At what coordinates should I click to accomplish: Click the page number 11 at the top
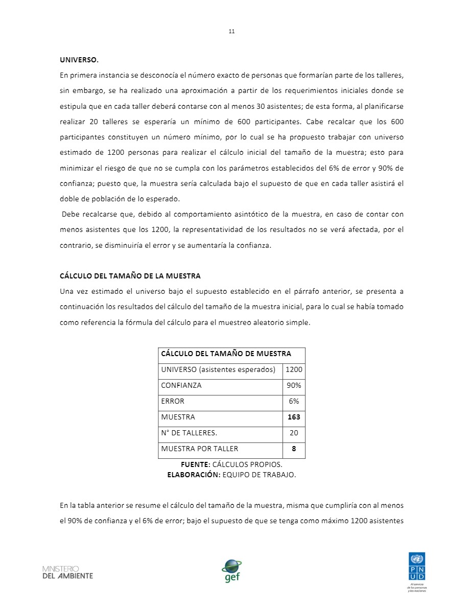pyautogui.click(x=231, y=32)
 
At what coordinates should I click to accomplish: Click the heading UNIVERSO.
pyautogui.click(x=79, y=60)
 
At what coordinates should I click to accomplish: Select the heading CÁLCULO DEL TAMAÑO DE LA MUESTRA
pyautogui.click(x=130, y=276)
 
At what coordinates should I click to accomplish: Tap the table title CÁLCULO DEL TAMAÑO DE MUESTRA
pyautogui.click(x=226, y=354)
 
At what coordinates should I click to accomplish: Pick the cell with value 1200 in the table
pyautogui.click(x=294, y=369)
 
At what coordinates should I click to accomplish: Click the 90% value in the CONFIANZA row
pyautogui.click(x=294, y=385)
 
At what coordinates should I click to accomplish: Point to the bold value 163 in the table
pyautogui.click(x=294, y=417)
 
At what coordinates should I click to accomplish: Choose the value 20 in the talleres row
pyautogui.click(x=294, y=433)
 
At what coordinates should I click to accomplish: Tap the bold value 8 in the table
pyautogui.click(x=294, y=449)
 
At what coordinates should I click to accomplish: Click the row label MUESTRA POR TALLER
pyautogui.click(x=199, y=449)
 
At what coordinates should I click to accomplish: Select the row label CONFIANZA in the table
pyautogui.click(x=181, y=385)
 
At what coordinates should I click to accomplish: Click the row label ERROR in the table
pyautogui.click(x=172, y=401)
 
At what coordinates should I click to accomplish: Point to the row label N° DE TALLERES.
pyautogui.click(x=189, y=433)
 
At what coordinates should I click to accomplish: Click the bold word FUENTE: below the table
pyautogui.click(x=195, y=465)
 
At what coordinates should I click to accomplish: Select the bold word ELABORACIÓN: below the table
pyautogui.click(x=194, y=475)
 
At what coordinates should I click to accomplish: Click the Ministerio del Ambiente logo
pyautogui.click(x=67, y=572)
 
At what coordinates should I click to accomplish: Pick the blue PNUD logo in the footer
pyautogui.click(x=416, y=565)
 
